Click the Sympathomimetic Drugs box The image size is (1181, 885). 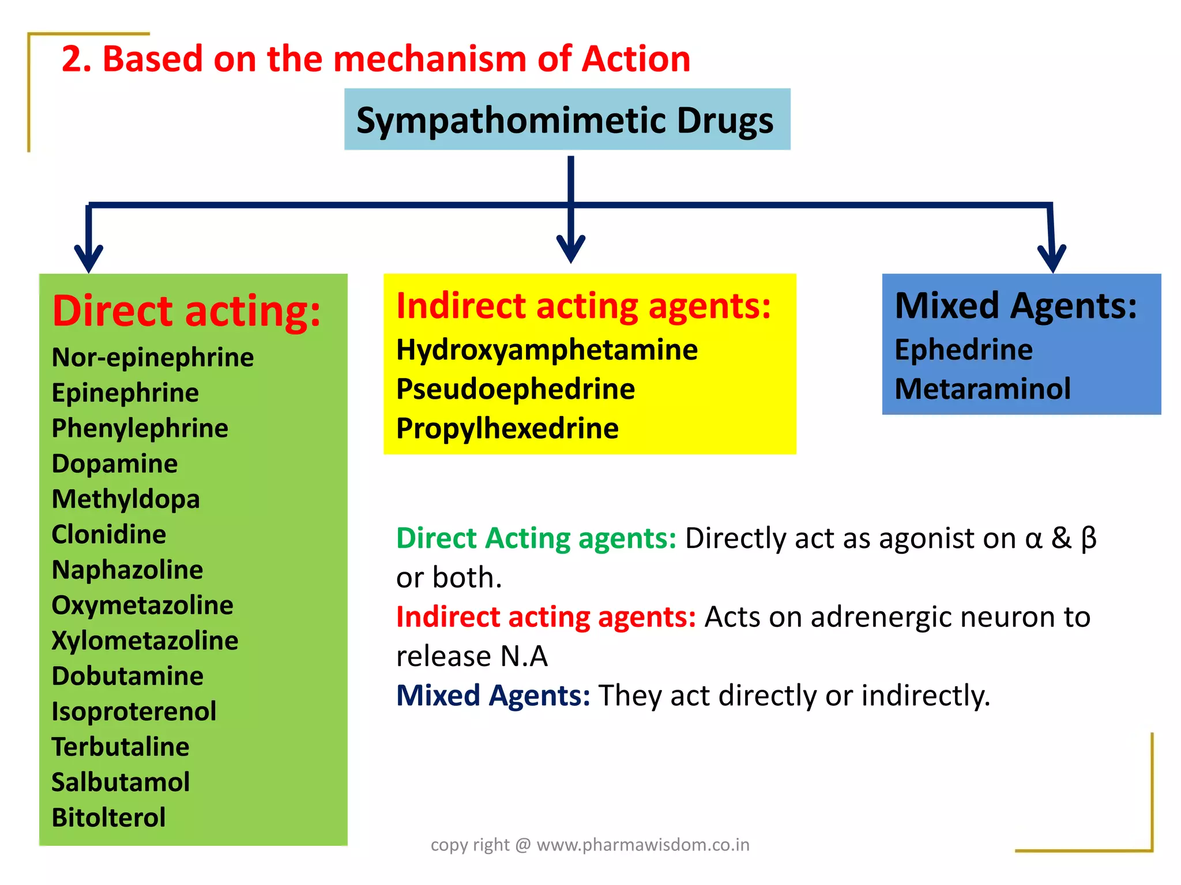567,120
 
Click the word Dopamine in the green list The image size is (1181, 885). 115,464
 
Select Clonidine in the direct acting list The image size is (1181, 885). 109,535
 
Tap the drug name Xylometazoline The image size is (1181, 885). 145,641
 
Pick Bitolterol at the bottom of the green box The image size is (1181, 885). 108,818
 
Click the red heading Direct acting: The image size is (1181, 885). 186,311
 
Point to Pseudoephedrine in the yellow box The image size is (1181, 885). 516,389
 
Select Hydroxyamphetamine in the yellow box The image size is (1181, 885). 547,350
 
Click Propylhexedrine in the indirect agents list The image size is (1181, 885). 507,429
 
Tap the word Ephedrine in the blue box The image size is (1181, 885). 964,350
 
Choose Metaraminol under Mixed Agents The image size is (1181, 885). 983,389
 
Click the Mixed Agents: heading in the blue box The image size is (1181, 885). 1015,305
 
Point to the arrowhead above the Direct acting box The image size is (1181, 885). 89,259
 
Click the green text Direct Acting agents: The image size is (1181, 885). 536,538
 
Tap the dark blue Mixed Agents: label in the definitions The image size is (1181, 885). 493,695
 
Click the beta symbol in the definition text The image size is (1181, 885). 1089,538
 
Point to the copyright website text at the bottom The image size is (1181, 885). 590,845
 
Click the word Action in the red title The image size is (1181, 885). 635,59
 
